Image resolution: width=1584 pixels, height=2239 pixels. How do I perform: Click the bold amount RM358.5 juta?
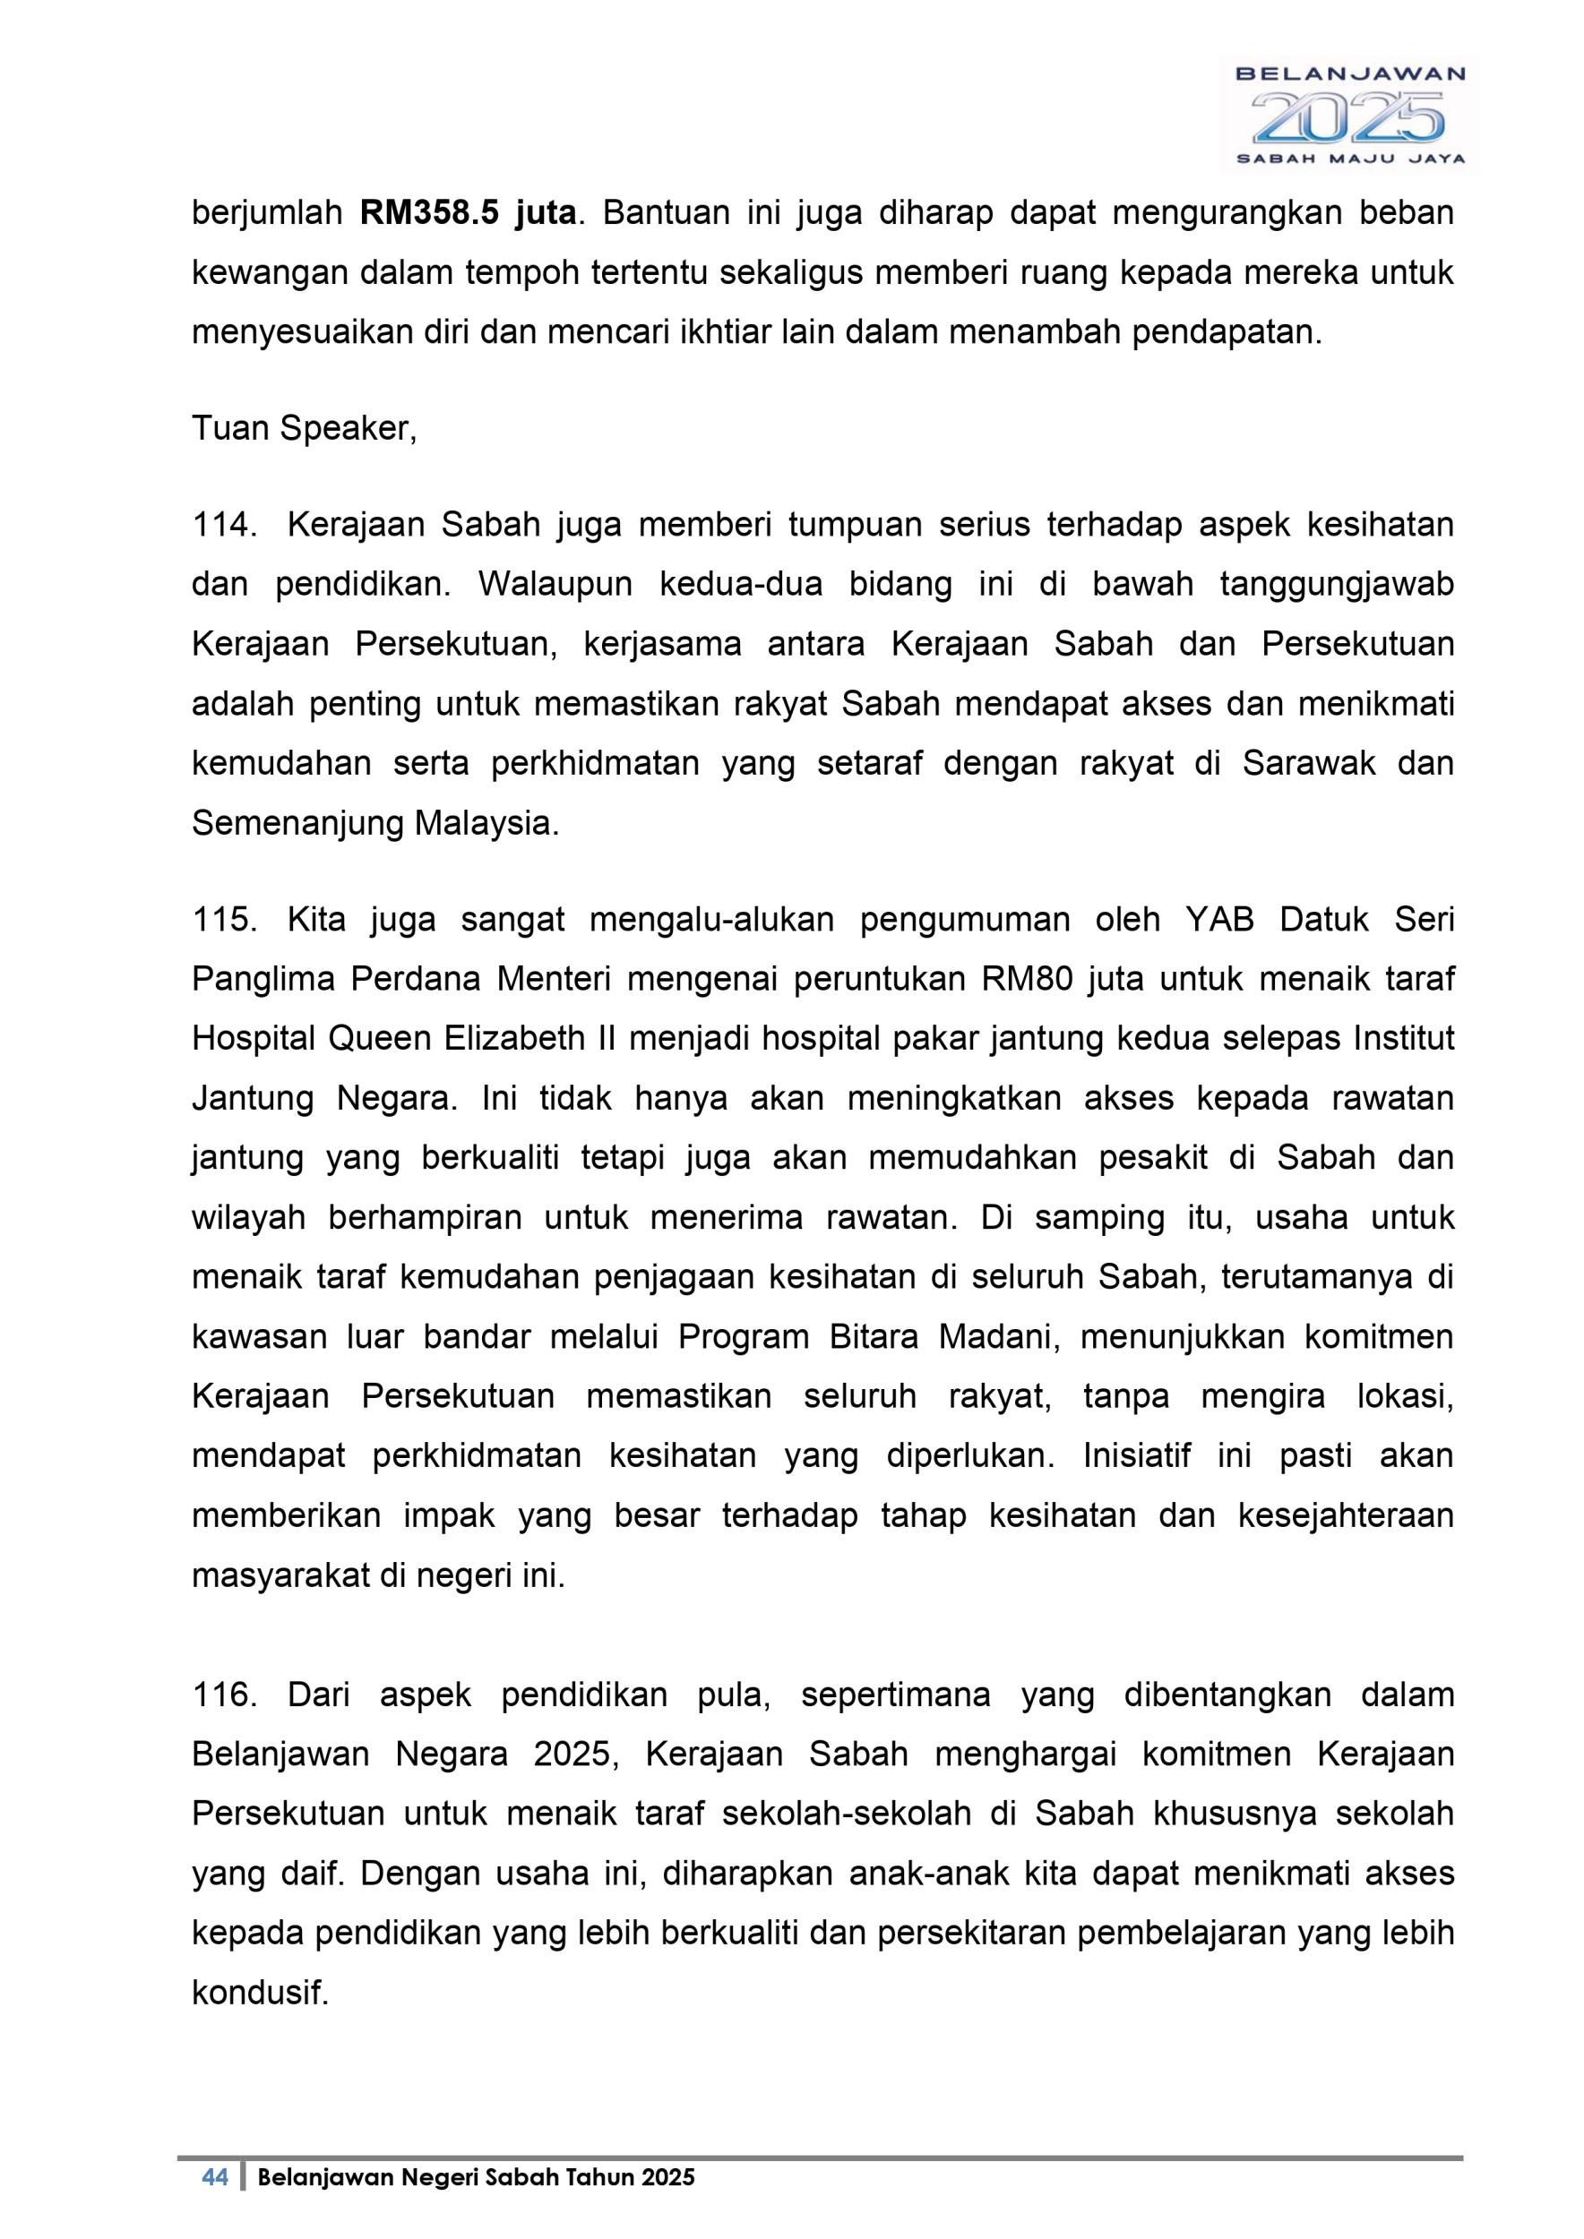click(469, 212)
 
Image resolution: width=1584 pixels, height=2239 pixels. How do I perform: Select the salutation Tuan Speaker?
click(304, 428)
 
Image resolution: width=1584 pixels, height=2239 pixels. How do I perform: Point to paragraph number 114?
click(223, 526)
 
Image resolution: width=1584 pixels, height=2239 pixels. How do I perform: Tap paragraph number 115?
click(223, 920)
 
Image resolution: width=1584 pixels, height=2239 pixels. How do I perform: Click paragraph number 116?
click(223, 1694)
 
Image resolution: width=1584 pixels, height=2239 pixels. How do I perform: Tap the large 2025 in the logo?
click(1348, 117)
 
